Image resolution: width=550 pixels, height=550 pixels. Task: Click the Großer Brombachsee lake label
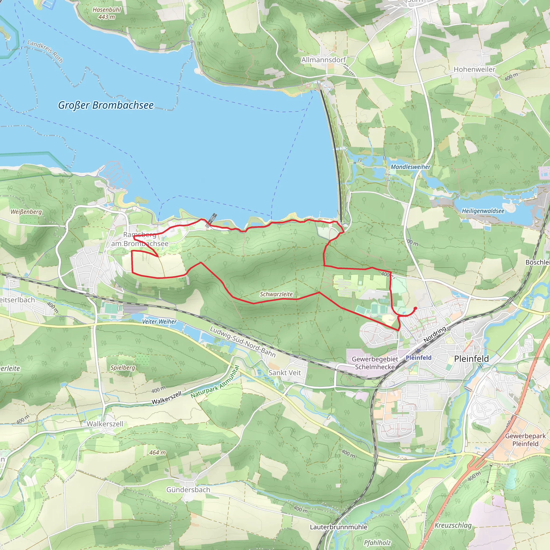(x=106, y=105)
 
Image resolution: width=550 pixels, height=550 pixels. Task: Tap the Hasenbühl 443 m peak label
(x=107, y=13)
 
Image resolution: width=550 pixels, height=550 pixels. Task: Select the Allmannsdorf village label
(x=323, y=60)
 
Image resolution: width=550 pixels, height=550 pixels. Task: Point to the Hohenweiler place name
(x=474, y=70)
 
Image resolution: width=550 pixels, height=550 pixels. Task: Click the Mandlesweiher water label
(x=410, y=167)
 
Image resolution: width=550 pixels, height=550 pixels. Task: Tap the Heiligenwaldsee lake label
(x=483, y=211)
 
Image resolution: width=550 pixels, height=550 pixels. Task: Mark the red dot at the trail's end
(x=415, y=308)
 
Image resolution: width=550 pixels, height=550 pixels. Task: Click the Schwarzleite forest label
(x=276, y=294)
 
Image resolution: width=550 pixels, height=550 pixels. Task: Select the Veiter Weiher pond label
(x=159, y=322)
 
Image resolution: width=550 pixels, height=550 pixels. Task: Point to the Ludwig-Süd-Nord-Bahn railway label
(x=243, y=342)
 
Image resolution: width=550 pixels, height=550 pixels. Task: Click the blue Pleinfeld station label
(x=418, y=358)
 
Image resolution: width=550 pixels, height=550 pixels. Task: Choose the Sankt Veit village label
(x=284, y=373)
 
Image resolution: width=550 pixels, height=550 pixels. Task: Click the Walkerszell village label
(x=105, y=424)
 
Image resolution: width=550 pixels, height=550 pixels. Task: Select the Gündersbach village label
(x=188, y=490)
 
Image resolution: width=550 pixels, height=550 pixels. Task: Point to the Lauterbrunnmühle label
(x=338, y=527)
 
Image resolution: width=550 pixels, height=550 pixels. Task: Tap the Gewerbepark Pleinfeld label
(x=525, y=440)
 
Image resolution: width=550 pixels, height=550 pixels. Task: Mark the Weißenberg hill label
(x=26, y=212)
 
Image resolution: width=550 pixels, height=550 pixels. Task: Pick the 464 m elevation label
(x=157, y=452)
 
